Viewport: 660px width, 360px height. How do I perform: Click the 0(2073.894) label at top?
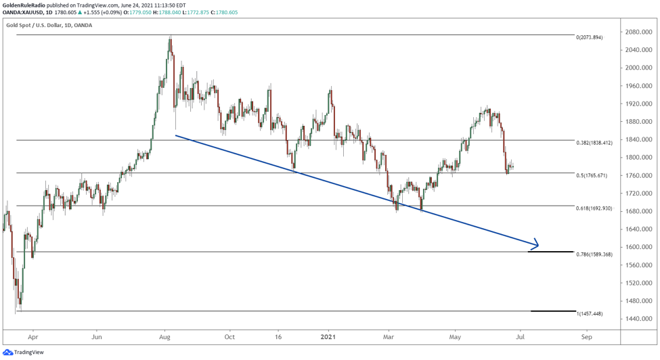[x=588, y=37]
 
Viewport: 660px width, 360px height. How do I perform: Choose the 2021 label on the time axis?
[x=328, y=336]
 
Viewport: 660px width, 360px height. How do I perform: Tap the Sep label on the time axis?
[x=586, y=336]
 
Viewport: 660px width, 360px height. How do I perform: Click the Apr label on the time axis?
[x=33, y=336]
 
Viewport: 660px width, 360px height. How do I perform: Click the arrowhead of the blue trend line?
[x=536, y=244]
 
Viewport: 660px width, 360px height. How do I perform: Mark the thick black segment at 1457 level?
[x=552, y=311]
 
